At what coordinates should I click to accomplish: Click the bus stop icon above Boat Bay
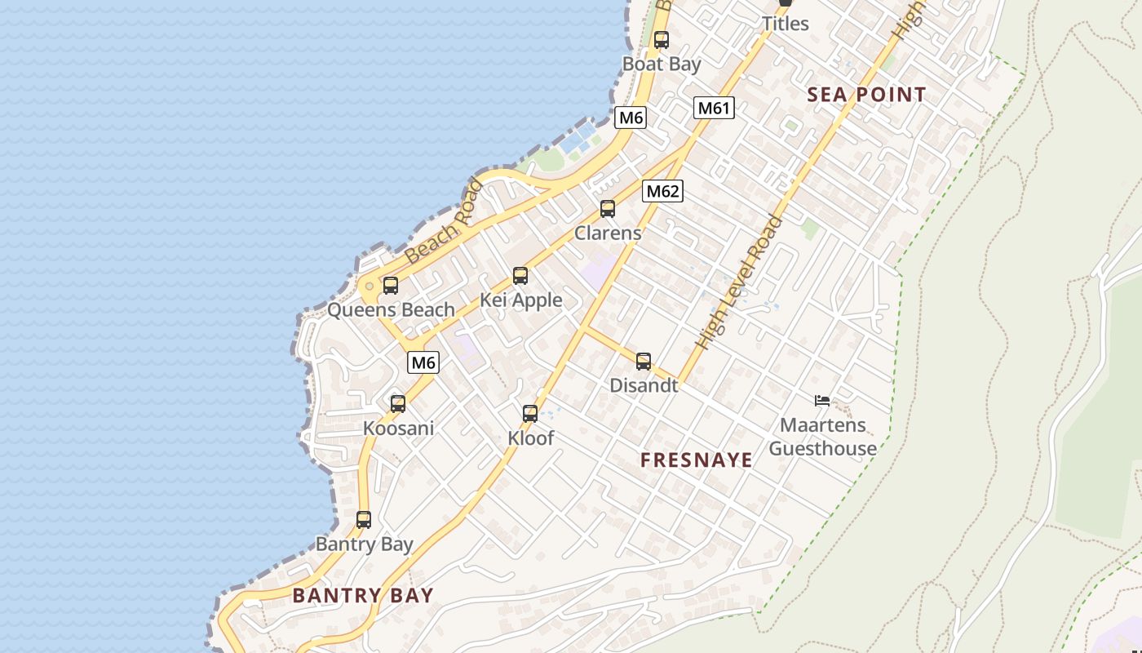[x=662, y=39]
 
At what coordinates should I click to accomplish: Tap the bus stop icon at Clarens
[x=608, y=209]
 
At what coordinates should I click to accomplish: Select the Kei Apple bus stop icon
[x=520, y=276]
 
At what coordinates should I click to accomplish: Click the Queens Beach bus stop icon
[x=391, y=286]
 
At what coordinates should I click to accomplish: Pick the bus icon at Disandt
[x=644, y=362]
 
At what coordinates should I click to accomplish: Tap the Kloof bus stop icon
[x=530, y=414]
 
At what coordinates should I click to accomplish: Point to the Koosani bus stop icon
[x=398, y=403]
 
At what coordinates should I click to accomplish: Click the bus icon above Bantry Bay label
[x=364, y=520]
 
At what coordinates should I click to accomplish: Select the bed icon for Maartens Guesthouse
[x=822, y=400]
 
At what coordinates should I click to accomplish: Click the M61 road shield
[x=715, y=108]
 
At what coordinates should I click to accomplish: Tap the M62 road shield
[x=662, y=191]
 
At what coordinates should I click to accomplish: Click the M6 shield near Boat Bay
[x=631, y=118]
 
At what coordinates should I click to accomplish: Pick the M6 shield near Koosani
[x=423, y=362]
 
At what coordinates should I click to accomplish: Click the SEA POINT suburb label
[x=866, y=95]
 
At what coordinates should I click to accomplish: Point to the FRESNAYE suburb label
[x=697, y=460]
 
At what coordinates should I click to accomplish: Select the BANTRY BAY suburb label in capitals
[x=363, y=595]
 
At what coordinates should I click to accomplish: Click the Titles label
[x=786, y=24]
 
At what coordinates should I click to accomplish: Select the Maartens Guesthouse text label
[x=822, y=437]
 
